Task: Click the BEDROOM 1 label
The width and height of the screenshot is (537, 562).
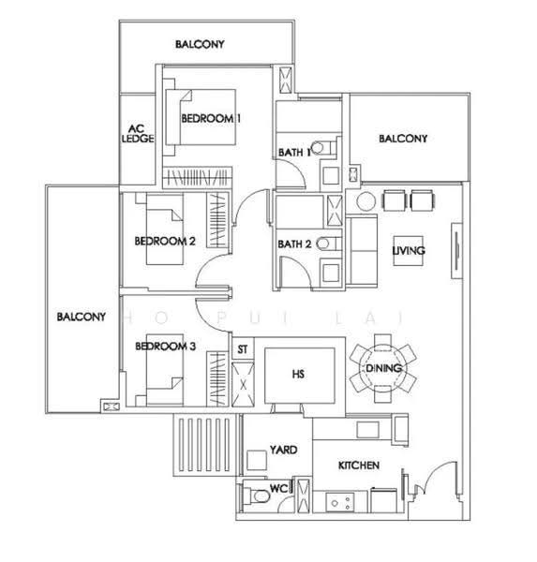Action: (211, 118)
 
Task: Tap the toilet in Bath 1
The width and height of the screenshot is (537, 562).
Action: (323, 148)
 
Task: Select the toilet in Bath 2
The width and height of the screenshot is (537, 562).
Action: (329, 244)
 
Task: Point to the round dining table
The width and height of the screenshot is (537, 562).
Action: (383, 368)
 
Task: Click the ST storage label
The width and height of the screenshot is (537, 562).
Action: (243, 349)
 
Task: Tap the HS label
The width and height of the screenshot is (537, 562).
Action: (298, 374)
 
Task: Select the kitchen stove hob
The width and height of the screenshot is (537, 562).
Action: (340, 502)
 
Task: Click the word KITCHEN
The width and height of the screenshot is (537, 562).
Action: (359, 466)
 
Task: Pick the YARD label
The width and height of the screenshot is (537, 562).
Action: (283, 450)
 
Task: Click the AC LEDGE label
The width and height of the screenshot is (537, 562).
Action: (138, 133)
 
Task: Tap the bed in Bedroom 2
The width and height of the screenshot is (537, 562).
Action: (165, 229)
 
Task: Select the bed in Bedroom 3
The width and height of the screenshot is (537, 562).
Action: (165, 370)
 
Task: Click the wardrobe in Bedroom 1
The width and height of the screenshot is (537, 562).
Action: (198, 177)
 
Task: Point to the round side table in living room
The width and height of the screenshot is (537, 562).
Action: (365, 201)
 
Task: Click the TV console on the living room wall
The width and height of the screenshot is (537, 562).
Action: (456, 250)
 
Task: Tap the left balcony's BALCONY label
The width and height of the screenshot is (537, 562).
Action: (82, 317)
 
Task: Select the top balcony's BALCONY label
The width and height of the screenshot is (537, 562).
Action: (200, 44)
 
